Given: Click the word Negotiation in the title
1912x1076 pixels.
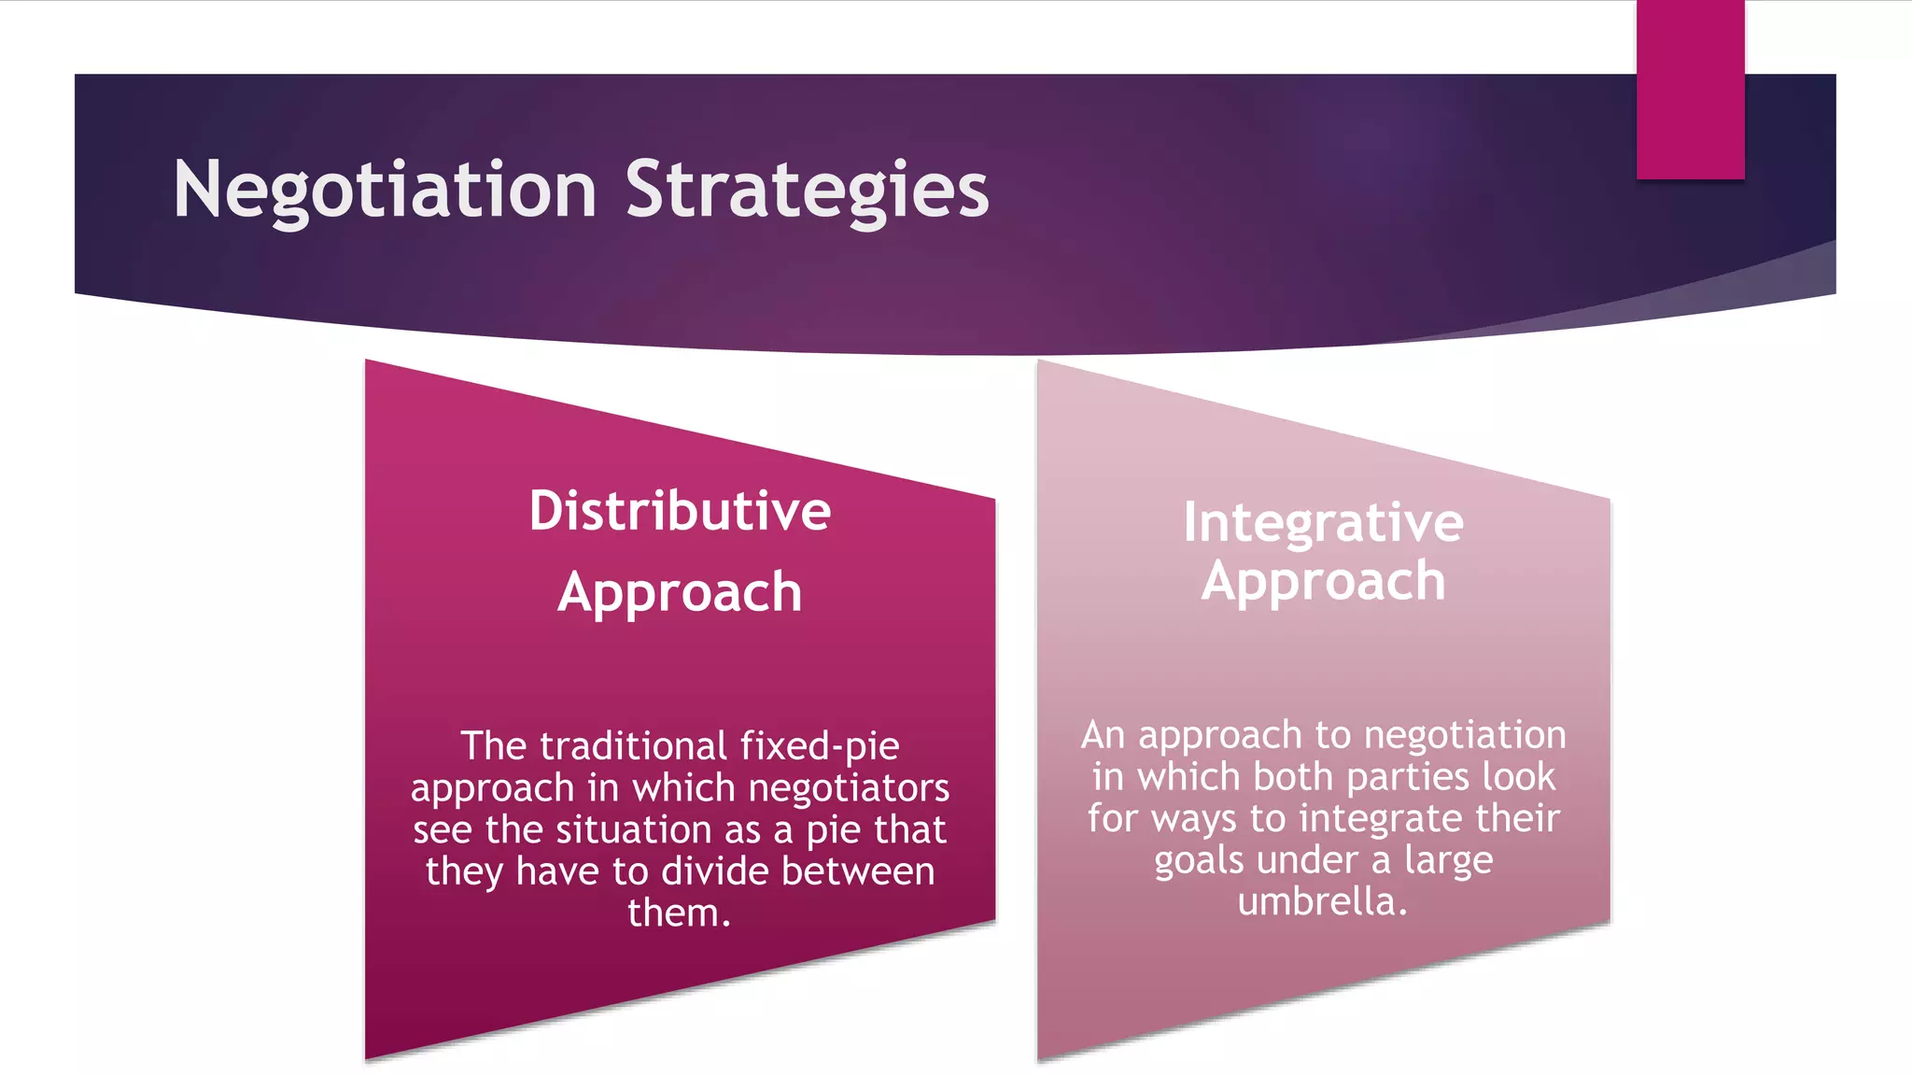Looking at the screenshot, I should [385, 191].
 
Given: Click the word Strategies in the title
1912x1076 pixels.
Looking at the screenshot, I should [807, 191].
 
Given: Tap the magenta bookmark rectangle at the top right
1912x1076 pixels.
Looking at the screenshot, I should [1690, 89].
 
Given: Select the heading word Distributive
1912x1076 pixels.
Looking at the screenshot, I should [680, 511].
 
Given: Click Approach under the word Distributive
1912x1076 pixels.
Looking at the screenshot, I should [680, 592].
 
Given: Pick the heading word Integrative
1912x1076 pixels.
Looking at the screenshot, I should [1323, 522].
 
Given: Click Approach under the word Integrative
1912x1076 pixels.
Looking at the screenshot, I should [1323, 581].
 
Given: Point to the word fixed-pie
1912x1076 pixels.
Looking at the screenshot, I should [820, 746].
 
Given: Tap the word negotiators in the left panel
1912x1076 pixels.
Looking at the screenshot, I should [849, 788].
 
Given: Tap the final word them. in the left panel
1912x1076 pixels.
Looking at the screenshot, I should [679, 913].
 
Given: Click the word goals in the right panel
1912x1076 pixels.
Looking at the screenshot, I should [1199, 860].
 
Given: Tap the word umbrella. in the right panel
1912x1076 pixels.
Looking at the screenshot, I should [1322, 902].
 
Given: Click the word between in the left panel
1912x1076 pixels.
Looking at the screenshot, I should [857, 871].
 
